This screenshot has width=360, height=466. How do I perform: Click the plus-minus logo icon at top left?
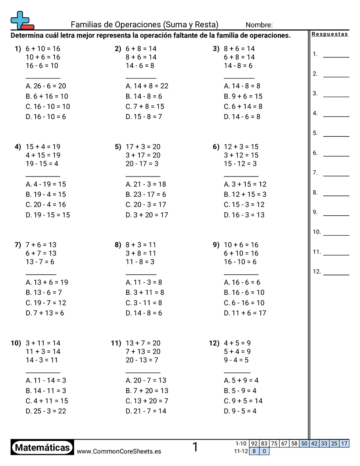(22, 20)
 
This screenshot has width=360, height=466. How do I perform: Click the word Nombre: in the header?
(259, 25)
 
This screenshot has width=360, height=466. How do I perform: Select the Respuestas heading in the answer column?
(330, 34)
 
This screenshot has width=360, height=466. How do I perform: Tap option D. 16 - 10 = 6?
(46, 116)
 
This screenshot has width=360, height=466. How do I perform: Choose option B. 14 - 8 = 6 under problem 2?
(144, 96)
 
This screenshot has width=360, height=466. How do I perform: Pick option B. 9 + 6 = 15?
(243, 96)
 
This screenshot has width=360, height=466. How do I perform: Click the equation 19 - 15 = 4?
(42, 164)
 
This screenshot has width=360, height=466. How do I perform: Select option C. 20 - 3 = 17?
(146, 204)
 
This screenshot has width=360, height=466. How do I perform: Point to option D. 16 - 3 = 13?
(244, 215)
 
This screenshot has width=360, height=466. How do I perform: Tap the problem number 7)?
(18, 244)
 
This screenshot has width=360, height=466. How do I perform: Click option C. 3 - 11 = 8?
(144, 303)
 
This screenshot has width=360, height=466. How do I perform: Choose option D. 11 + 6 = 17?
(245, 313)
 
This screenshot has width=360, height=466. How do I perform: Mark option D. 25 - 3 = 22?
(46, 411)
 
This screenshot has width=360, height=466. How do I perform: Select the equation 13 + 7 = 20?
(143, 343)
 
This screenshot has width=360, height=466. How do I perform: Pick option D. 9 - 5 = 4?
(240, 411)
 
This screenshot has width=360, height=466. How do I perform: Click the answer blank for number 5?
(336, 136)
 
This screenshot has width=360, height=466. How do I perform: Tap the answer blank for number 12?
(336, 274)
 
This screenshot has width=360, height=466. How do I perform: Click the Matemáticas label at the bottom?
(42, 447)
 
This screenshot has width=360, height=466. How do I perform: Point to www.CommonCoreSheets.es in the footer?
(119, 451)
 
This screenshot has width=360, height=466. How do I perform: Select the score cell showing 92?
(254, 443)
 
